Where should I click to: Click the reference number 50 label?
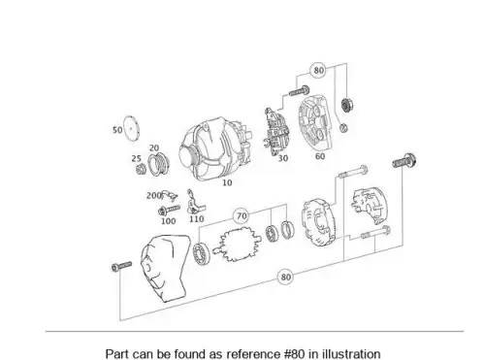coord(117,130)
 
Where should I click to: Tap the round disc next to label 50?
coord(131,128)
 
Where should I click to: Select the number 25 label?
coord(137,158)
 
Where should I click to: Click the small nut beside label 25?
coord(141,169)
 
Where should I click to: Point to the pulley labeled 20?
coord(158,164)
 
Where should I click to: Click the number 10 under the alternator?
coord(227,182)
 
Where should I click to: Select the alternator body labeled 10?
coord(215,149)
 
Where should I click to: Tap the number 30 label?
coord(283,158)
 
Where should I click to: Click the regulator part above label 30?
coord(276,132)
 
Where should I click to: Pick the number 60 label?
coord(320,156)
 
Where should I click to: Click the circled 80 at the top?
coord(318,70)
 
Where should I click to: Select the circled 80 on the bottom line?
coord(285,277)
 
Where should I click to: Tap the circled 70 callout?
coord(242,215)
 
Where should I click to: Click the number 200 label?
coord(154,196)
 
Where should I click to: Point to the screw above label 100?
coord(169,210)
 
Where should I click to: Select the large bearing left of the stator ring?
coord(201,252)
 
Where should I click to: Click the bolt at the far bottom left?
coord(121,266)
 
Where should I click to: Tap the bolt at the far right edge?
coord(404,161)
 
